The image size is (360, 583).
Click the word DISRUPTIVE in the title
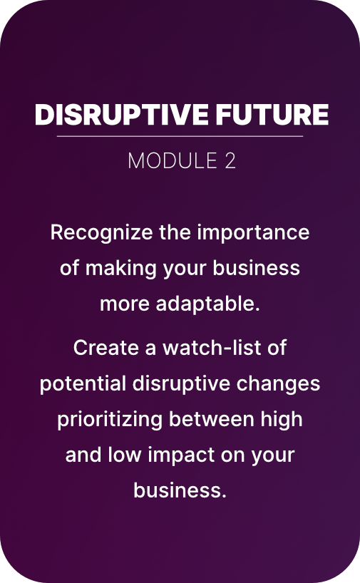[x=122, y=114]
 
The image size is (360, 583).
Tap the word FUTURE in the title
[x=272, y=114]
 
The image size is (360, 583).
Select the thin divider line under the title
[x=180, y=136]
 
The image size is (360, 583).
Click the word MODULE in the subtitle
[x=173, y=160]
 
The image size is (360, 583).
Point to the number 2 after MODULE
[x=230, y=160]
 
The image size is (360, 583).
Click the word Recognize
[x=101, y=233]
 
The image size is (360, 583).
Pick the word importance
[x=253, y=233]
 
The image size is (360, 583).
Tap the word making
[x=121, y=269]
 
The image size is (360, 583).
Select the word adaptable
[x=208, y=304]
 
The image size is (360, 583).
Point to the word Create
[x=106, y=348]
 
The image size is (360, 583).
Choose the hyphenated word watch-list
[x=212, y=348]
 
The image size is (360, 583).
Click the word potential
[x=83, y=384]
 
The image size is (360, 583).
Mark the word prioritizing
[x=110, y=420]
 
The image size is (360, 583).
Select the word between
[x=211, y=419]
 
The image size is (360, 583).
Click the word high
[x=282, y=420]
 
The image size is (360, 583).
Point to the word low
[x=125, y=455]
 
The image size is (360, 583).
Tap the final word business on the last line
[x=180, y=490]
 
